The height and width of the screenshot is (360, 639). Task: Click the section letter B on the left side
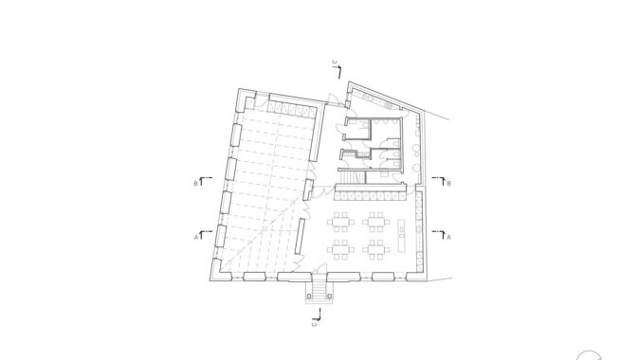(195, 184)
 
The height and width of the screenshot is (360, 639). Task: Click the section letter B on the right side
(448, 184)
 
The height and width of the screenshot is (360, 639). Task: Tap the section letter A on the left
(195, 237)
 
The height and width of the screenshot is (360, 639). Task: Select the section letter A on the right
(448, 237)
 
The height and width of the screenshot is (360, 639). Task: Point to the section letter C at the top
(335, 63)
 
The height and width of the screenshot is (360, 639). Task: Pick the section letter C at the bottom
(314, 324)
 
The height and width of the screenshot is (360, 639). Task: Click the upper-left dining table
(340, 222)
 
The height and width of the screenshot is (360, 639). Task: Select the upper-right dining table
(376, 222)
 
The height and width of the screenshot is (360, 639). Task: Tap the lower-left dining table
(340, 250)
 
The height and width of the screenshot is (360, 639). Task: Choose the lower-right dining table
(376, 250)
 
